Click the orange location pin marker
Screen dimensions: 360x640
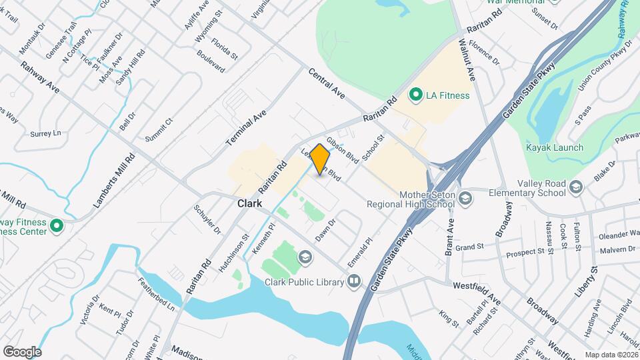pyautogui.click(x=320, y=159)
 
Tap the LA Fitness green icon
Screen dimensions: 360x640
pyautogui.click(x=417, y=95)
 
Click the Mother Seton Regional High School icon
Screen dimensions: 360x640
pyautogui.click(x=465, y=198)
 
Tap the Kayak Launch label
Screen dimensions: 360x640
pyautogui.click(x=555, y=147)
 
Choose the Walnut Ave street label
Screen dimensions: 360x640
pyautogui.click(x=466, y=60)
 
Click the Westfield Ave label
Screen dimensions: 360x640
pyautogui.click(x=478, y=291)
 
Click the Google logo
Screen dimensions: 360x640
pyautogui.click(x=22, y=351)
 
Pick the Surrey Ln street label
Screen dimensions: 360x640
pyautogui.click(x=45, y=133)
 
